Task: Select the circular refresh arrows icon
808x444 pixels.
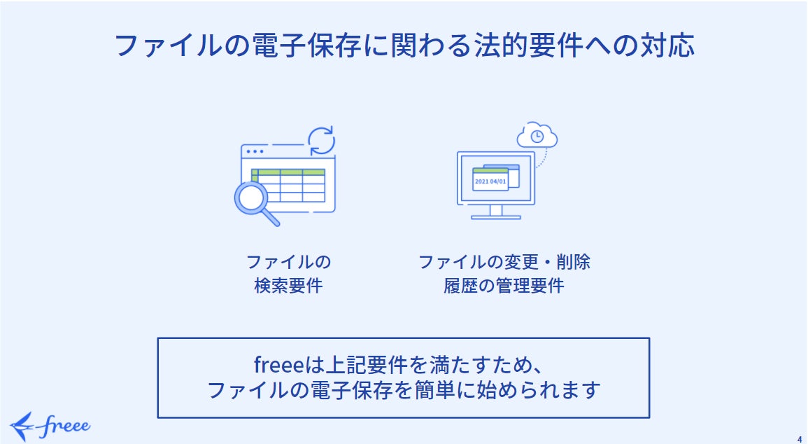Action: coord(322,140)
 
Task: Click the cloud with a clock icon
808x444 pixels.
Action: coord(537,136)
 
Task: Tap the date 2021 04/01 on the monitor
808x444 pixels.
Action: coord(490,181)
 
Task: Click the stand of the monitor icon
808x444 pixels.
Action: coord(496,211)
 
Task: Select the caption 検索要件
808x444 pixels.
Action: coord(288,286)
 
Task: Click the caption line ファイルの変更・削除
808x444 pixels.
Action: coord(504,262)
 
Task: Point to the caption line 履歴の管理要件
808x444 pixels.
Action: coord(504,286)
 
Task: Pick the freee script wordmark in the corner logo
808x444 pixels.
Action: coord(64,426)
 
